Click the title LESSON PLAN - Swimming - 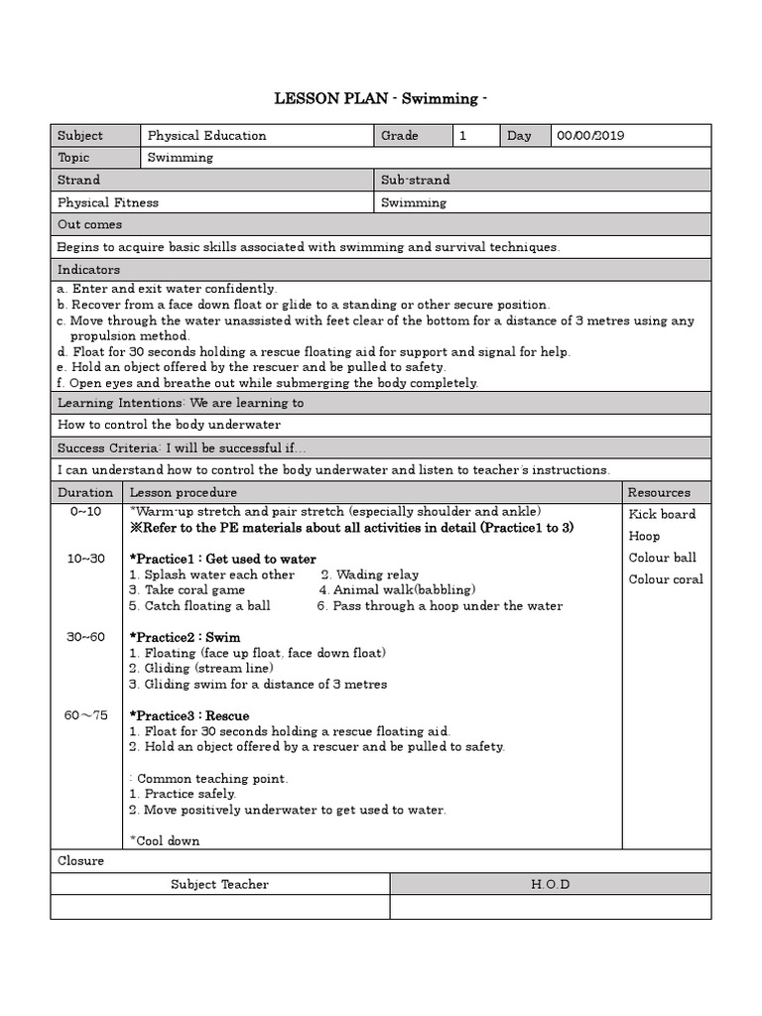point(381,99)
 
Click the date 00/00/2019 point(590,136)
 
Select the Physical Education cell point(207,136)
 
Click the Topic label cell point(73,158)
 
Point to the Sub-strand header point(415,180)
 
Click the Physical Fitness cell point(108,202)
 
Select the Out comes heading point(89,225)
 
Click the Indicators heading point(88,270)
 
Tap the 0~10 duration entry point(85,511)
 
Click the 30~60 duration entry point(86,637)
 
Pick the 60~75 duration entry point(86,715)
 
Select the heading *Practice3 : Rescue point(190,715)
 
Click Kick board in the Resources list point(662,514)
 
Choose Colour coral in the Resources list point(666,579)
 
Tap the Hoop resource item point(644,536)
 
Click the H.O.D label point(550,884)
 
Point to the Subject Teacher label point(219,884)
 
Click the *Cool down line point(165,840)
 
